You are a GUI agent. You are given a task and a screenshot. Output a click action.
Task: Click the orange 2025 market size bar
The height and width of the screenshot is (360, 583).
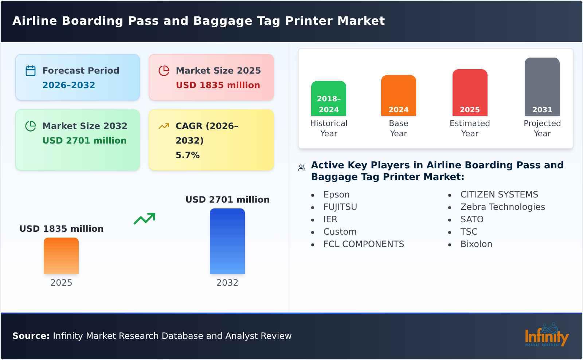click(61, 256)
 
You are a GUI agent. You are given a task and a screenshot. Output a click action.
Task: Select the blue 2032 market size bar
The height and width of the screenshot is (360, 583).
click(227, 241)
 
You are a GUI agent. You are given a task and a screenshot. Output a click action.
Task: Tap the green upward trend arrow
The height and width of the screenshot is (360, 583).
click(145, 219)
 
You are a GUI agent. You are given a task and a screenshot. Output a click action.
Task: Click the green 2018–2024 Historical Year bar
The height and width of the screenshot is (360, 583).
click(329, 98)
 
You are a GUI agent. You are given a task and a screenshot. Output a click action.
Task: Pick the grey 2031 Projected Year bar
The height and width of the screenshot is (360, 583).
click(542, 87)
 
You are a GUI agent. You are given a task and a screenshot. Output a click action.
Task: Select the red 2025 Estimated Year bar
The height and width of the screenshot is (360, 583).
click(470, 93)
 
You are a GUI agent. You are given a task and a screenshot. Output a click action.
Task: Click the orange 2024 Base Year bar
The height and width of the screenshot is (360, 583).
click(399, 95)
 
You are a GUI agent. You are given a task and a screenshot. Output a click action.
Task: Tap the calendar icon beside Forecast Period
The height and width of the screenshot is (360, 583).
click(31, 71)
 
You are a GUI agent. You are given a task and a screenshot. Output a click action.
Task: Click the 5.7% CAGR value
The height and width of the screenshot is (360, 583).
click(188, 155)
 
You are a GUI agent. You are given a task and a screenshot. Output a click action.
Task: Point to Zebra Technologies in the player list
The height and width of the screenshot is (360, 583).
click(503, 207)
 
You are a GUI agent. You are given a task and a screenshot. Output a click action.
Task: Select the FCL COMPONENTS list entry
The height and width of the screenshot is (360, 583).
click(364, 244)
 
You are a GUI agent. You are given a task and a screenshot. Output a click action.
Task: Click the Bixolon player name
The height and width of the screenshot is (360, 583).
click(476, 244)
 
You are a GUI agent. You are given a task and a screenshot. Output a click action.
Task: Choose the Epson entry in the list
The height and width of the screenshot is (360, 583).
click(336, 195)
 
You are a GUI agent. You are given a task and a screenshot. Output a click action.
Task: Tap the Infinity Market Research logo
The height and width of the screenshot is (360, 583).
click(547, 335)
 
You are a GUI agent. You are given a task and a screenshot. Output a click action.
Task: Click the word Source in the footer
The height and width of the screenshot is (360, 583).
click(31, 336)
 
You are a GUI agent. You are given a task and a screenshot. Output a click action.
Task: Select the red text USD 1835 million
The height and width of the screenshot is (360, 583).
click(218, 85)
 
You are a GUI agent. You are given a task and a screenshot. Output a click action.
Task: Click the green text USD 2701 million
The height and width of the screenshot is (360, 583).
click(85, 141)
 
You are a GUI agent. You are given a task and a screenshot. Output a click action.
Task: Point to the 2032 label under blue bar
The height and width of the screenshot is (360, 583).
click(227, 283)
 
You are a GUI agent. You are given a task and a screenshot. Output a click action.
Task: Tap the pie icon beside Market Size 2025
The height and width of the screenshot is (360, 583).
click(164, 71)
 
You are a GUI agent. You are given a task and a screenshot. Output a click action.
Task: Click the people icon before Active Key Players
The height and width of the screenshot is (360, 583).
click(302, 168)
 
